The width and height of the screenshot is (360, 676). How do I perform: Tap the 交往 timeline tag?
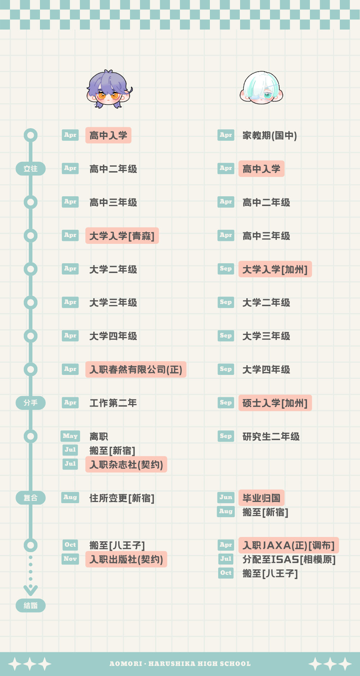[31, 169]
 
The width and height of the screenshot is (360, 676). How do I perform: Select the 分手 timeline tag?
[31, 403]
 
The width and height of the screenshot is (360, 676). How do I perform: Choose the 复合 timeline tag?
[31, 498]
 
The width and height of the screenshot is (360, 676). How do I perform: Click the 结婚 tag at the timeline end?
[31, 605]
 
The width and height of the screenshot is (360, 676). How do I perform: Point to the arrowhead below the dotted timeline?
[31, 590]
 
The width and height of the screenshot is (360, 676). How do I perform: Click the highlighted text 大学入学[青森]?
[122, 236]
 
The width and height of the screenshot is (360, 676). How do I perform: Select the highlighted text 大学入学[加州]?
[275, 269]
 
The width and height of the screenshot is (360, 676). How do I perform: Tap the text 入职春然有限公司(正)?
[136, 370]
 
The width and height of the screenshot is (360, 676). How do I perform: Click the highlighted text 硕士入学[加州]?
[275, 403]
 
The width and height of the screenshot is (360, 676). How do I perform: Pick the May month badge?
[70, 436]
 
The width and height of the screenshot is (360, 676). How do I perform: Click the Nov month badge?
[70, 559]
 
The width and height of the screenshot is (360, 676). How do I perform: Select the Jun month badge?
[226, 497]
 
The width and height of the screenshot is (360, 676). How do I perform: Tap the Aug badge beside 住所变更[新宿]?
[70, 497]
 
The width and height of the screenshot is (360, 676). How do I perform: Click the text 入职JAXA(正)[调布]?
[289, 545]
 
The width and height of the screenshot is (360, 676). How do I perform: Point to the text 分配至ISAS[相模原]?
[289, 559]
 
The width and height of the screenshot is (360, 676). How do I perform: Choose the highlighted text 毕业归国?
[261, 498]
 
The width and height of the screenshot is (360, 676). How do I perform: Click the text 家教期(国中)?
[270, 135]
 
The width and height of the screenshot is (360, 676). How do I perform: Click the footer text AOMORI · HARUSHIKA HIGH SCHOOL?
[180, 664]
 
